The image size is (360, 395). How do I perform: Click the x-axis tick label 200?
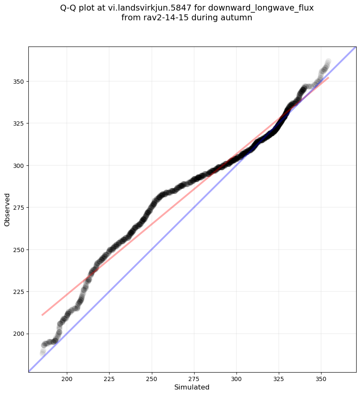pos(67,379)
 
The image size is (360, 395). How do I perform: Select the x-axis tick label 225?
pos(109,379)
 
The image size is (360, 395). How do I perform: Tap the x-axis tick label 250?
pos(151,379)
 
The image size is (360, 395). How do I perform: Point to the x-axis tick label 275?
pos(194,379)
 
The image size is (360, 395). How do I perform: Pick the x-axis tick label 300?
pos(236,379)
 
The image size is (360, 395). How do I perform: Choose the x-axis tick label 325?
pos(279,379)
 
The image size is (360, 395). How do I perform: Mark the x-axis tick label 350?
pos(321,379)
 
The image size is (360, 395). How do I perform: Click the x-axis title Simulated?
pos(192,387)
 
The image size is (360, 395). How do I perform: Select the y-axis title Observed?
pos(7,209)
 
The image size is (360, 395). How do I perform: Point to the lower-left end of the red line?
pos(42,315)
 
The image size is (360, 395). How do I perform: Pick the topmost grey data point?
pos(328,61)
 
